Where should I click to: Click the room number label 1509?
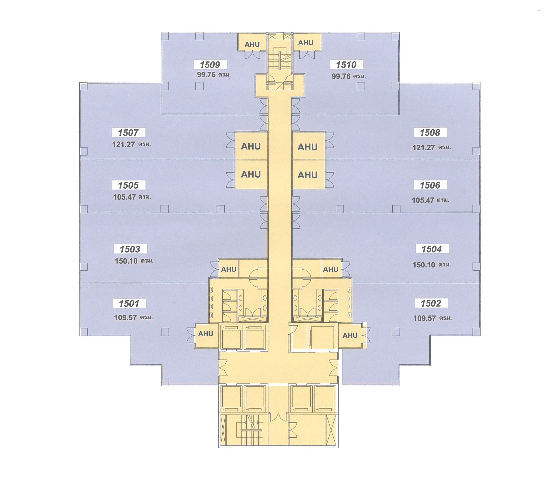210,65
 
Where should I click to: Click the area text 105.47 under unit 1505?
124,197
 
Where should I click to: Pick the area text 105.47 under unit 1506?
423,200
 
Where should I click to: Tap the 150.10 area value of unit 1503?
126,261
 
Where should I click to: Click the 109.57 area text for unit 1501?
125,317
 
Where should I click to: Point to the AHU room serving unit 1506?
308,175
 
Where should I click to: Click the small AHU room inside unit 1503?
228,269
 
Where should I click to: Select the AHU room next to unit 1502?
350,335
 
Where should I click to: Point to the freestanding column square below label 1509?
199,86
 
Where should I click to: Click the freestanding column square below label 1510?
361,86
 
